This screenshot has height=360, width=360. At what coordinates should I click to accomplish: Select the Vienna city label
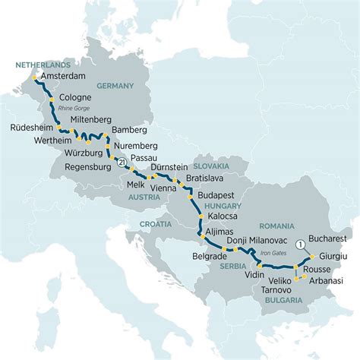point(164,185)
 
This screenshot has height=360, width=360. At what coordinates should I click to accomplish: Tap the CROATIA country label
point(156,224)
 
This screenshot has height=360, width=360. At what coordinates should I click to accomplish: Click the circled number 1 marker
point(301,244)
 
